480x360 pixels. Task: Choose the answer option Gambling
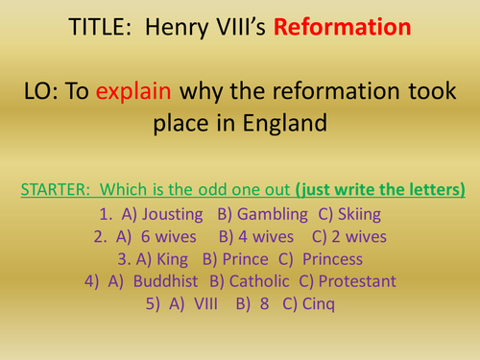point(262,208)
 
